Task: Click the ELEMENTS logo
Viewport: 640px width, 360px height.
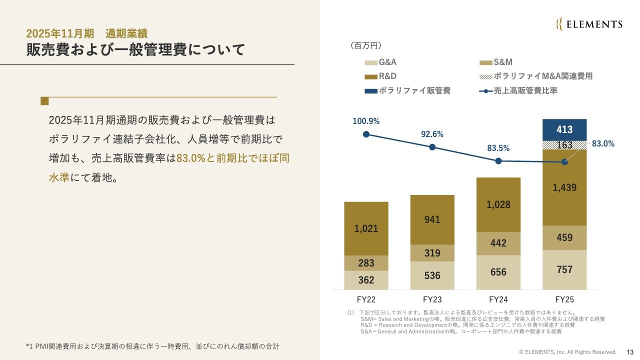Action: click(x=589, y=24)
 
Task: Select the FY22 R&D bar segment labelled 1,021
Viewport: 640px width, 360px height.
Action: click(x=366, y=228)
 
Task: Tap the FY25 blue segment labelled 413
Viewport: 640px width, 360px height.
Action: click(x=564, y=129)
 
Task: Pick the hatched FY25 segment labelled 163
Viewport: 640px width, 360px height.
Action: click(x=564, y=145)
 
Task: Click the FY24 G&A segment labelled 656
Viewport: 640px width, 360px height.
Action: click(x=498, y=272)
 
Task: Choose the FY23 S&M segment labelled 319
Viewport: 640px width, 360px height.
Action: click(x=432, y=253)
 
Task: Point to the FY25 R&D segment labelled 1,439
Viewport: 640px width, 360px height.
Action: click(x=564, y=187)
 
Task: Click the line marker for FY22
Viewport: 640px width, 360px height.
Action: click(x=366, y=134)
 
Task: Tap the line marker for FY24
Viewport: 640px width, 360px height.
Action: click(x=498, y=161)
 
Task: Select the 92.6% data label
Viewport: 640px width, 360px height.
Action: click(x=432, y=134)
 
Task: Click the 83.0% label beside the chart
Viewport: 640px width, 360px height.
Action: click(x=602, y=143)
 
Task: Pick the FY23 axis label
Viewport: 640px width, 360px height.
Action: click(x=432, y=300)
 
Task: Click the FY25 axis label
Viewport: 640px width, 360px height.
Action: click(x=564, y=300)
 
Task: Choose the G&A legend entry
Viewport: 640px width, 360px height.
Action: click(x=380, y=63)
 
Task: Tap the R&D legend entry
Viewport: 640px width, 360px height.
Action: click(x=380, y=77)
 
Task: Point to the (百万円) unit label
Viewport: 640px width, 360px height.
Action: click(x=366, y=46)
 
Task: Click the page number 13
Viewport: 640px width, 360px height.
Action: click(x=630, y=351)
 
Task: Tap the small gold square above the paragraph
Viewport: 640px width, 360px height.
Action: click(x=44, y=101)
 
